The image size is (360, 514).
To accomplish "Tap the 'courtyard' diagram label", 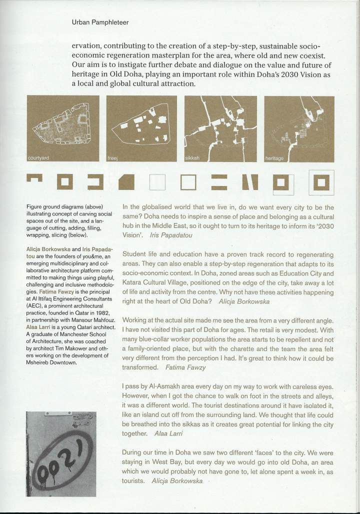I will tap(40, 158).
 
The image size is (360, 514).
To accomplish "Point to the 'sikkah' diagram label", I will tap(192, 158).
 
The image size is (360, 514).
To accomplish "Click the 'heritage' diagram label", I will tap(274, 158).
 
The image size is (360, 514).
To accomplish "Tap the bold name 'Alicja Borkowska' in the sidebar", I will tap(47, 248).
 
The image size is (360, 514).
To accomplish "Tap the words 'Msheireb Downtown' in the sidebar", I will tap(56, 362).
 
